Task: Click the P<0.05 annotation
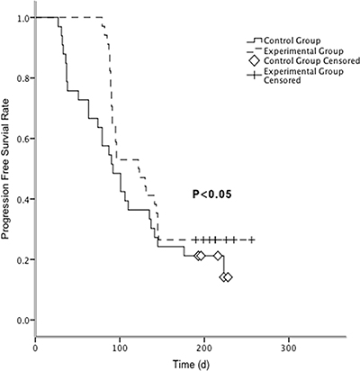coord(211,195)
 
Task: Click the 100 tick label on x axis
coord(120,348)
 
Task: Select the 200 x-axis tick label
coord(204,348)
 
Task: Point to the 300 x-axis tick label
coord(289,348)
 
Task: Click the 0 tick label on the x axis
coord(35,348)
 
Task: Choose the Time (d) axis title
coord(191,365)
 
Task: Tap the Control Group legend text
coord(292,41)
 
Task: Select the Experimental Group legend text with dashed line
coord(303,51)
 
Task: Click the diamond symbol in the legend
coord(255,61)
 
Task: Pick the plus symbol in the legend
coord(255,76)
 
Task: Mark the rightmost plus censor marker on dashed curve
coord(252,240)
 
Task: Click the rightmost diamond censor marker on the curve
coord(228,277)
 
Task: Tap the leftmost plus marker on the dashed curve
coord(196,240)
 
